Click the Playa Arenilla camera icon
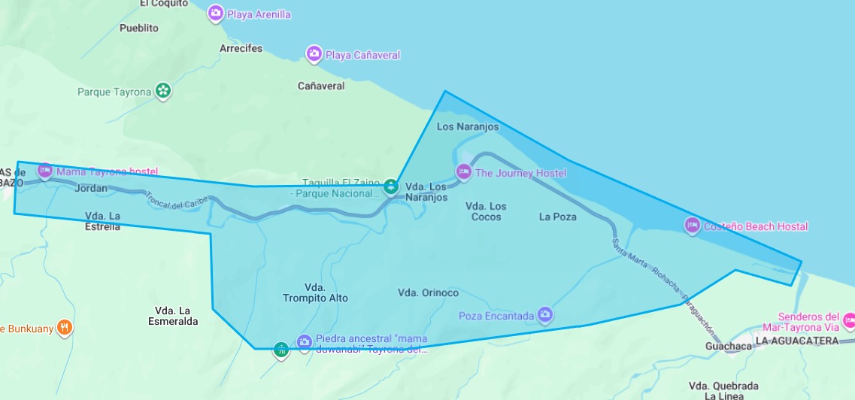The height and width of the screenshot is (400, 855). [216, 14]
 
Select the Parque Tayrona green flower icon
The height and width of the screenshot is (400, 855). [163, 92]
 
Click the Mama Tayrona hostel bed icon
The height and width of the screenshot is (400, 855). [44, 171]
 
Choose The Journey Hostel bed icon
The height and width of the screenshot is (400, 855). [465, 173]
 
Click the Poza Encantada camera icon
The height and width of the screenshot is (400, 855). [546, 315]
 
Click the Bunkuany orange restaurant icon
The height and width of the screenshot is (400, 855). [65, 328]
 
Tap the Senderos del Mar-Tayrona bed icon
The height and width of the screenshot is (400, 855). [849, 322]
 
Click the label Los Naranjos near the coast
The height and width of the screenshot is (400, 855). [468, 127]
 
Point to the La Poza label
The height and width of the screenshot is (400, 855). [558, 217]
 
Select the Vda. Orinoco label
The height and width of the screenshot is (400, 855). [428, 292]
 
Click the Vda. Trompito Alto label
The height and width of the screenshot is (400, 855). [315, 292]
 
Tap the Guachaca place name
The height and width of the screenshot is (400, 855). [729, 346]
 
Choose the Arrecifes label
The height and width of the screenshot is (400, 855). [241, 48]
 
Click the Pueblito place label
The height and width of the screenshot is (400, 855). [139, 28]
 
